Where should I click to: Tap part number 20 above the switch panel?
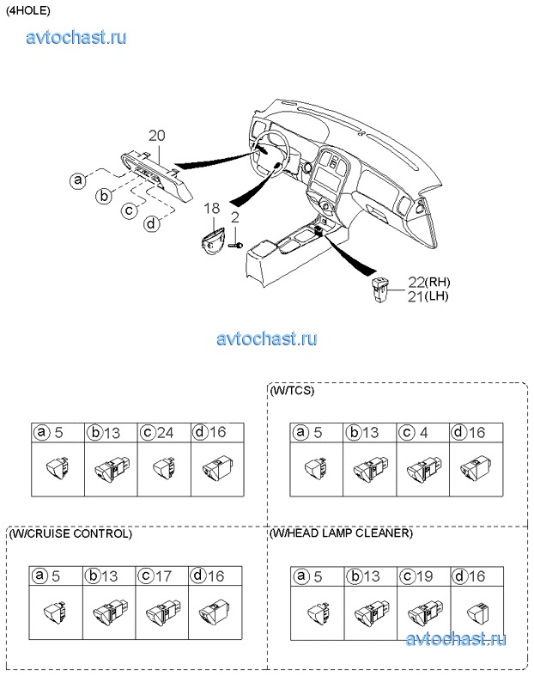156,136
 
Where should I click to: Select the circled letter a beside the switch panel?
79,180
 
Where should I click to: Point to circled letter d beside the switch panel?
151,224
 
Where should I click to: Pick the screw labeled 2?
234,245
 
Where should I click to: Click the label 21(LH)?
428,296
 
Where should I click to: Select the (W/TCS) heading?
292,391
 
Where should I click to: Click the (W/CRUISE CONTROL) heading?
70,533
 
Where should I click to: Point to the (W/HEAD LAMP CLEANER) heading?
341,533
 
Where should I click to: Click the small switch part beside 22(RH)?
381,289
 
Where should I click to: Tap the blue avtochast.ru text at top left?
77,37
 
